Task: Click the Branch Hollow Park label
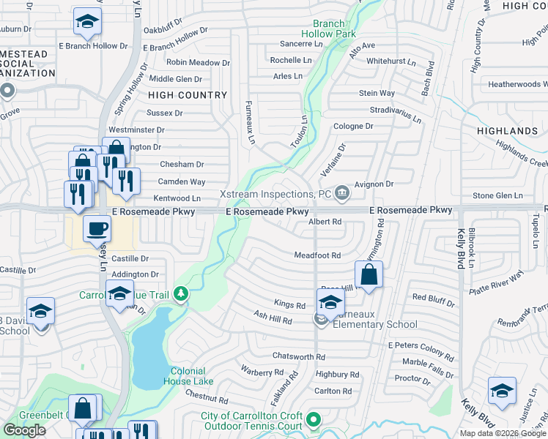328,29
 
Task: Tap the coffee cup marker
97,228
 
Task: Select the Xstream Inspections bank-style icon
341,194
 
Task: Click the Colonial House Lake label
193,376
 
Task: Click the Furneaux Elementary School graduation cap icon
330,301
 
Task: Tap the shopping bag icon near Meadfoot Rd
369,275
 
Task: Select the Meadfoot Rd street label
317,255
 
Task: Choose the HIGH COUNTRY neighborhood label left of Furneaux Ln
188,95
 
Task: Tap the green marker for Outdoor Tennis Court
314,420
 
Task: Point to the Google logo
24,430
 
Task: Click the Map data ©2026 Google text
502,433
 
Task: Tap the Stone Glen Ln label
497,196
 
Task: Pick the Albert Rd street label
325,222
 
